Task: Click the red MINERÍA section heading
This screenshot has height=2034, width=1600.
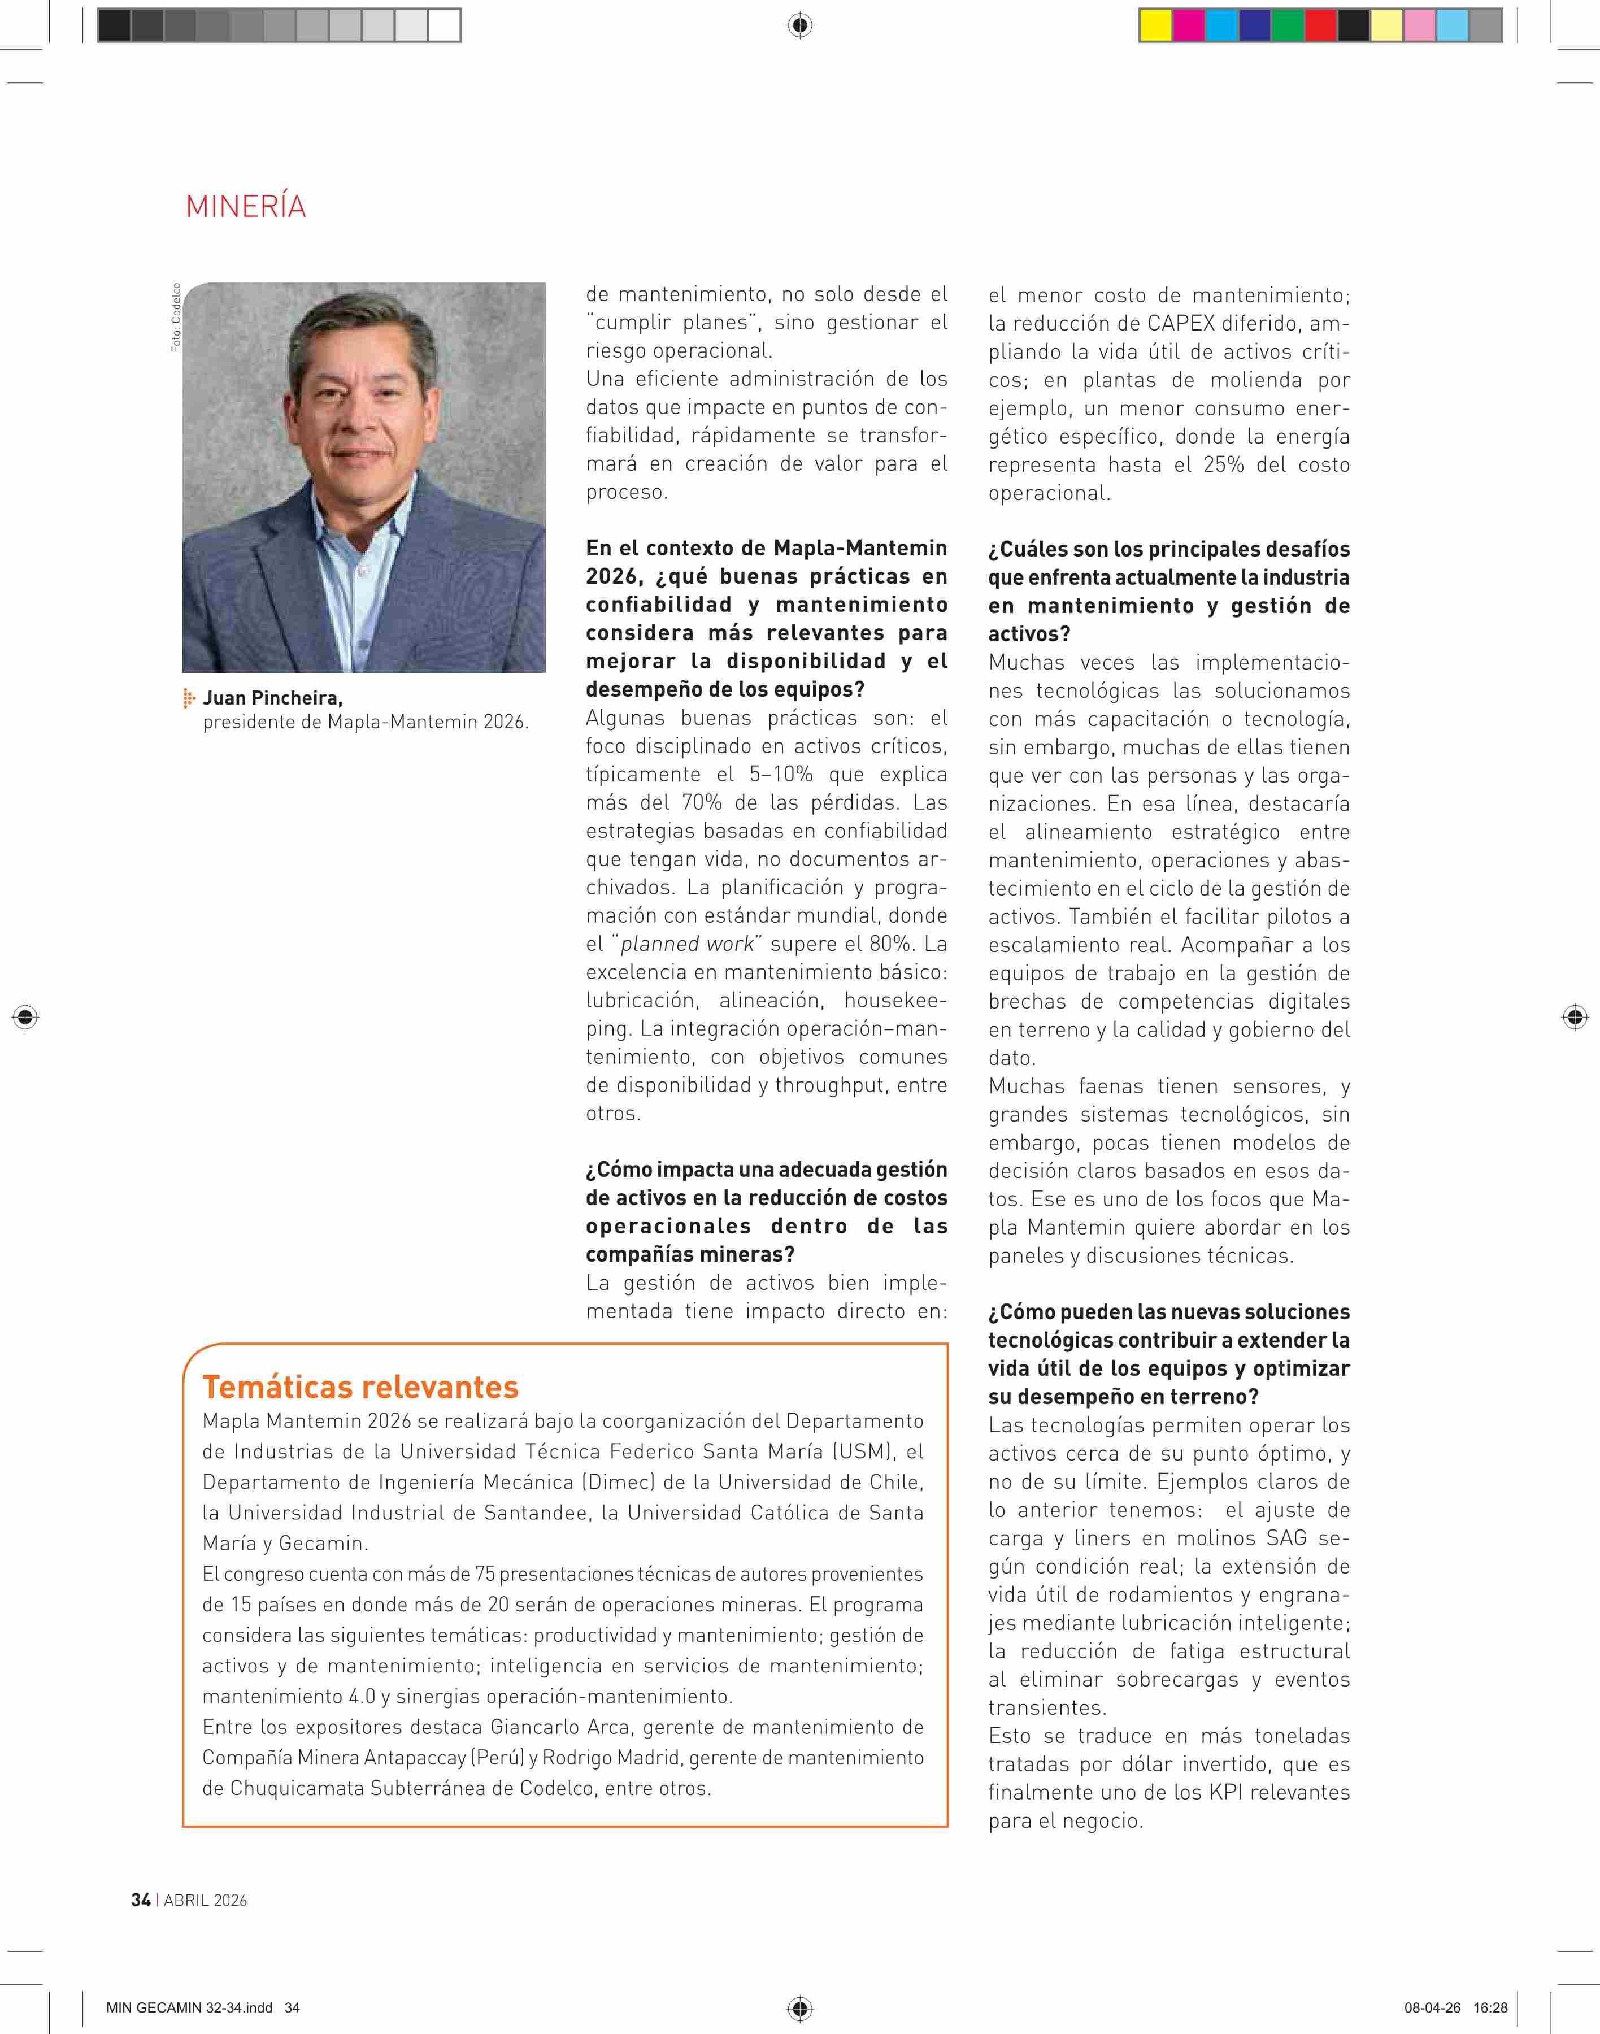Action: [245, 206]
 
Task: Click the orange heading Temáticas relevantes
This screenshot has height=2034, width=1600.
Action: [360, 1386]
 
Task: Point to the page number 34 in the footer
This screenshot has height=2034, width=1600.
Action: [141, 1900]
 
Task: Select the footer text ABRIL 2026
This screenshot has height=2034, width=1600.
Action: [205, 1900]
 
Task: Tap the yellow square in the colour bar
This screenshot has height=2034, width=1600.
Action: [1155, 25]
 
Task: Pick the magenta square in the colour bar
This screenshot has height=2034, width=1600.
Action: [1188, 25]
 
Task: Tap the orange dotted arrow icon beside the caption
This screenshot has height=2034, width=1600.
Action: [189, 698]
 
